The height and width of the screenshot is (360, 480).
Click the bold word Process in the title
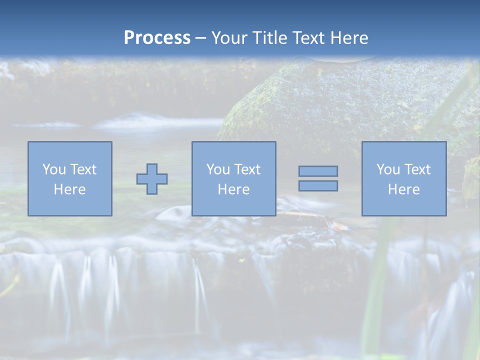tap(157, 38)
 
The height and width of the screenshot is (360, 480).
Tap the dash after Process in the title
tap(200, 38)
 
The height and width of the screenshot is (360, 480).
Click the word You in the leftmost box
tap(54, 169)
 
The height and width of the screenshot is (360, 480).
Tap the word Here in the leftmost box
tap(69, 189)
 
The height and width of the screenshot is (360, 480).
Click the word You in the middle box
tap(218, 169)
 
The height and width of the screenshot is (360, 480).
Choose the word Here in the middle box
tap(233, 189)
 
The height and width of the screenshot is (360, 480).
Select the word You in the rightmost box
tap(388, 169)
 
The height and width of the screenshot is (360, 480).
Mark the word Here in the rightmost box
tap(403, 189)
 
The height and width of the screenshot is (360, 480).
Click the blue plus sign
tap(152, 179)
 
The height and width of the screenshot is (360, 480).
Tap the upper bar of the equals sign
tap(318, 171)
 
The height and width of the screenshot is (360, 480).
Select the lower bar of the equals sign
tap(318, 186)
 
